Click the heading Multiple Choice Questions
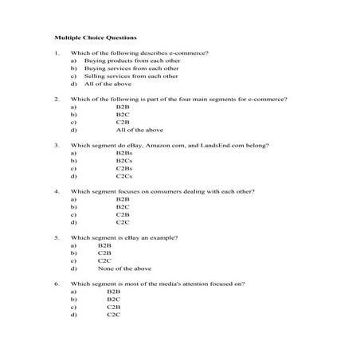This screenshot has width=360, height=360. (x=96, y=37)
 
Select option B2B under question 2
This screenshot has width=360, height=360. (x=122, y=107)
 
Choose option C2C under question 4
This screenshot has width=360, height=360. (x=122, y=221)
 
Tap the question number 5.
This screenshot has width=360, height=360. (x=57, y=237)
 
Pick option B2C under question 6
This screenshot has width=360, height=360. (x=113, y=299)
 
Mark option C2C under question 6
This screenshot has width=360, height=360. (x=113, y=314)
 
